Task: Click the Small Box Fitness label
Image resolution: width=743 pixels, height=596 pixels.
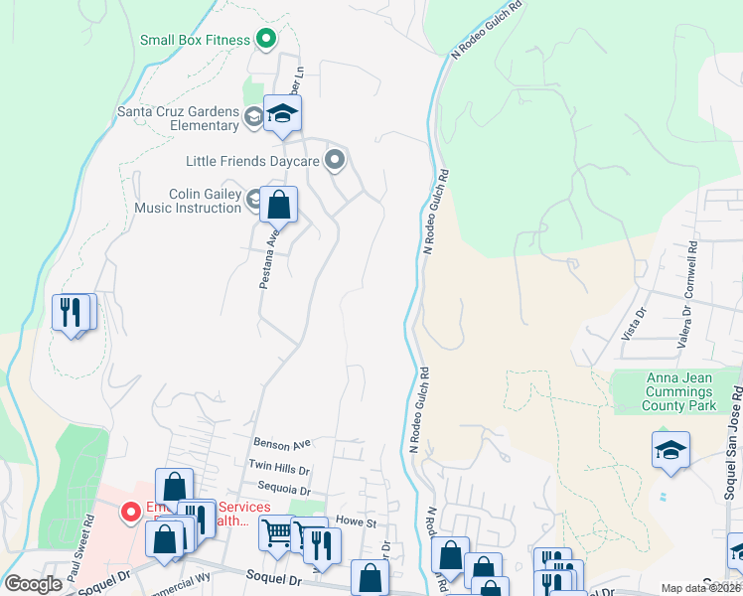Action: pyautogui.click(x=195, y=41)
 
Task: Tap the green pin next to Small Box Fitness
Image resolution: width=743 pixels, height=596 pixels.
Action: pyautogui.click(x=265, y=41)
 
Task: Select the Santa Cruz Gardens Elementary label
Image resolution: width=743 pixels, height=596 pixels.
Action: pyautogui.click(x=179, y=118)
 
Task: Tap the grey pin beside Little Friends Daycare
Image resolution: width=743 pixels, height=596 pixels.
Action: pyautogui.click(x=336, y=159)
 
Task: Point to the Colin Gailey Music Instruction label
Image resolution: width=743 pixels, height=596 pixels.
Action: pyautogui.click(x=190, y=201)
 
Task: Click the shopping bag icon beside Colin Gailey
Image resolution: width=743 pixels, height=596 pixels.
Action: pyautogui.click(x=279, y=206)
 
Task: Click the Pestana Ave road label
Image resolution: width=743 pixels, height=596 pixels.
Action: pyautogui.click(x=267, y=260)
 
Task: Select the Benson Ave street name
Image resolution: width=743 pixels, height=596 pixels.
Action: pyautogui.click(x=282, y=443)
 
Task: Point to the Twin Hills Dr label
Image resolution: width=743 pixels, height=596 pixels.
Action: pyautogui.click(x=279, y=467)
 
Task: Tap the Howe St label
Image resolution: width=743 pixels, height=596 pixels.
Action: pyautogui.click(x=356, y=521)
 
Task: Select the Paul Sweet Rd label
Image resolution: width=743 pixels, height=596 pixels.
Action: pyautogui.click(x=87, y=535)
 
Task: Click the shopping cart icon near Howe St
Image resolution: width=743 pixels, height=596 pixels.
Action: pyautogui.click(x=277, y=533)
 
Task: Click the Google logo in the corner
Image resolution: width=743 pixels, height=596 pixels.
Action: pyautogui.click(x=34, y=583)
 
